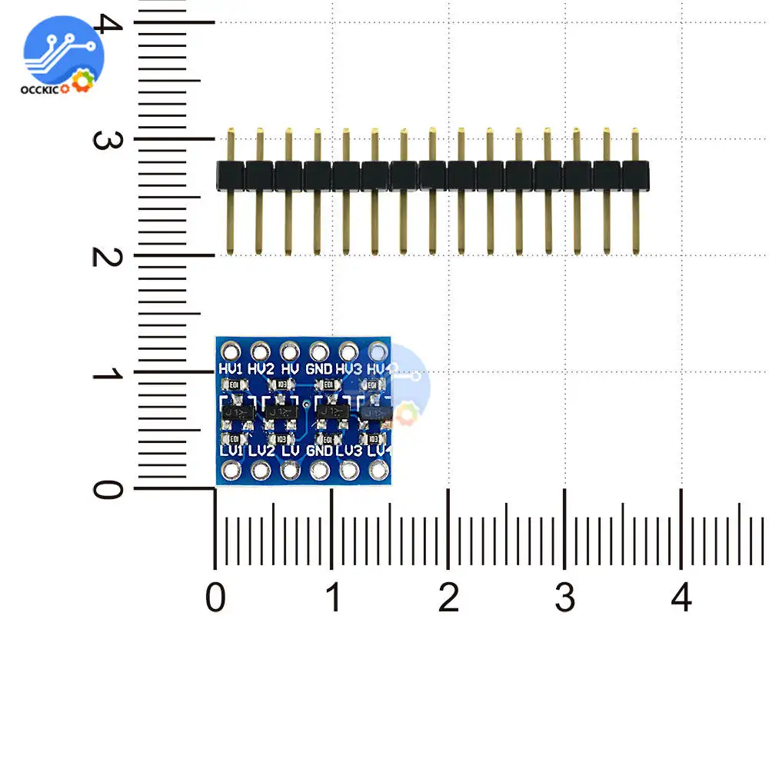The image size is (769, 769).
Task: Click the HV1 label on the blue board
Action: click(x=231, y=369)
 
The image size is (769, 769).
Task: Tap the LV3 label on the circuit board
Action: click(x=348, y=451)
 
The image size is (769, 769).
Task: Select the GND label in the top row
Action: click(x=318, y=369)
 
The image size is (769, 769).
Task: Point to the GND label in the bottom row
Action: click(x=319, y=451)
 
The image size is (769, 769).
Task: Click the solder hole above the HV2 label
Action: click(x=260, y=351)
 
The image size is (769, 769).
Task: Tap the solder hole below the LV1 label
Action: click(x=231, y=469)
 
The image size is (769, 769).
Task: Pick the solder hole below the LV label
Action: click(x=290, y=469)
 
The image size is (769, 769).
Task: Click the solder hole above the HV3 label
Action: click(x=348, y=351)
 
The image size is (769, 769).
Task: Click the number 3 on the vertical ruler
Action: click(x=104, y=140)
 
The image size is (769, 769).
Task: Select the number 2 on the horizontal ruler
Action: click(x=448, y=598)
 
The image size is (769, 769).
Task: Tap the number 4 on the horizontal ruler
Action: click(x=682, y=598)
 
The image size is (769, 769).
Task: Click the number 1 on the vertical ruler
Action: click(x=104, y=374)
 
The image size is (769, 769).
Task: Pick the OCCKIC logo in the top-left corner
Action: click(x=62, y=58)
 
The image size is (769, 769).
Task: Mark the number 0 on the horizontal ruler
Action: click(x=216, y=598)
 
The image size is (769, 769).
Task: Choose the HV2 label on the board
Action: click(x=261, y=369)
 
